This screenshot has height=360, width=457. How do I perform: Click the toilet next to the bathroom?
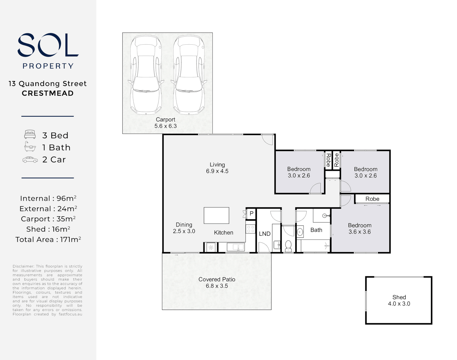click(288, 246)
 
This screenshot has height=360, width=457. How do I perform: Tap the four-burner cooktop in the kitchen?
click(250, 229)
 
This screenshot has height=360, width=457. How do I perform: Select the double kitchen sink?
click(236, 247)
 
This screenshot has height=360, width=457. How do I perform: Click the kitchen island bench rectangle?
click(216, 215)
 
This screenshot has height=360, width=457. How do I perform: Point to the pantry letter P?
click(252, 213)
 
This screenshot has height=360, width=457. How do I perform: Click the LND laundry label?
click(265, 234)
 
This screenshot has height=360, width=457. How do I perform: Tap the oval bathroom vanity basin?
click(300, 232)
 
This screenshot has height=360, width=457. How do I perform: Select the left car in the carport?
click(146, 75)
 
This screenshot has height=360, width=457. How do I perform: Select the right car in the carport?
click(188, 75)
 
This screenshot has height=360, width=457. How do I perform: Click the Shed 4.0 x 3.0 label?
click(399, 300)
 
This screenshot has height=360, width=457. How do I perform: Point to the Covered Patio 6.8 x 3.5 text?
click(217, 283)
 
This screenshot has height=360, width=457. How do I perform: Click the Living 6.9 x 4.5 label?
click(217, 168)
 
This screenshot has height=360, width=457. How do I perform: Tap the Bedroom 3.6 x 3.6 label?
click(360, 229)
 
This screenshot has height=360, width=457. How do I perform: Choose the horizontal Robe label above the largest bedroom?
click(372, 199)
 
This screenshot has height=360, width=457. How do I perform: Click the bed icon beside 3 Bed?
click(30, 135)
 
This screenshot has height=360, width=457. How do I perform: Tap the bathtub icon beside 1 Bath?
click(30, 147)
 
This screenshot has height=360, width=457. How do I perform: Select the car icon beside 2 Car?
click(30, 160)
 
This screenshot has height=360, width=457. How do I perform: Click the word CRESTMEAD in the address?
click(48, 93)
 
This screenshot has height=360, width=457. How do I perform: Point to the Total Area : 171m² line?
click(48, 239)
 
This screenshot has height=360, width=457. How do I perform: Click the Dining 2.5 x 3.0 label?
click(184, 228)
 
